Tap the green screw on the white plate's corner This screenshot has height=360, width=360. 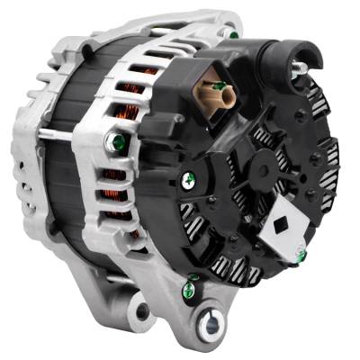point(301,256)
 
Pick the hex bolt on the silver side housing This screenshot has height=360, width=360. point(114,141)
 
